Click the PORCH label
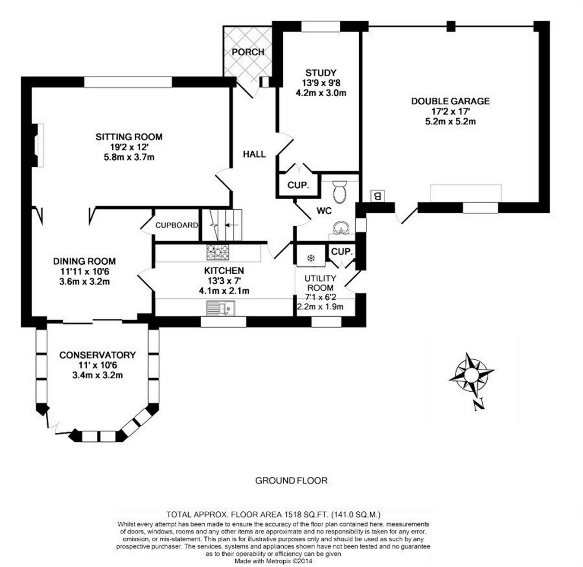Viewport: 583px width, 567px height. coord(248,52)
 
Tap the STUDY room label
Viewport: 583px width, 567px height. coord(320,73)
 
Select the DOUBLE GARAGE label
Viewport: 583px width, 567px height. coord(450,101)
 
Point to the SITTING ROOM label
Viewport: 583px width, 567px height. coord(129,137)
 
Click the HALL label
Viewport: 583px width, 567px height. coord(254,154)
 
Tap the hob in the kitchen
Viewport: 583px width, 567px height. coord(218,252)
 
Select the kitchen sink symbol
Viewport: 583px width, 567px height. coord(220,308)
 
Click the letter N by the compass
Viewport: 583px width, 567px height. coord(478,405)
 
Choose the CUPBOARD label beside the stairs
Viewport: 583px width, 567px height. coord(177,225)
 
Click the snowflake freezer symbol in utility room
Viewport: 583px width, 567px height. coord(310,258)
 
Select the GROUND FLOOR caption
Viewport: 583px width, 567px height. coord(291,480)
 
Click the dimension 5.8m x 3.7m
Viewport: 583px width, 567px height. coord(129,157)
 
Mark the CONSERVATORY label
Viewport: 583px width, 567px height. coord(98,355)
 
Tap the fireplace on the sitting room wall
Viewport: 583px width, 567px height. coord(38,145)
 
